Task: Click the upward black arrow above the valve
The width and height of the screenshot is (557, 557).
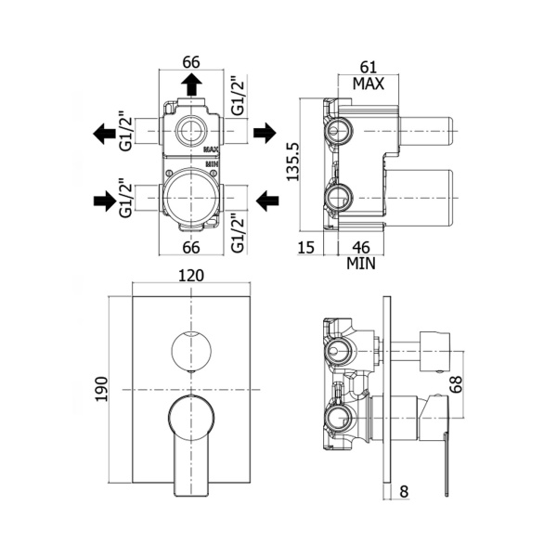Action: click(x=192, y=84)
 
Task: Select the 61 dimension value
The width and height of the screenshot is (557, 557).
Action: click(x=369, y=66)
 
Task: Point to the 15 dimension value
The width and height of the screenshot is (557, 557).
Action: click(x=306, y=246)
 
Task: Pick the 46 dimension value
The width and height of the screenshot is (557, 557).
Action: click(x=364, y=246)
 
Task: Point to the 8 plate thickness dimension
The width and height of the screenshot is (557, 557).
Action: click(x=405, y=493)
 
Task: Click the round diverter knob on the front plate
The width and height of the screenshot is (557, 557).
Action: click(x=190, y=350)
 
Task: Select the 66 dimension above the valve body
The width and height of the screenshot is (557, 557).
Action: click(x=191, y=62)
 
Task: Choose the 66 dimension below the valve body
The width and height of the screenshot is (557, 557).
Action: click(x=191, y=247)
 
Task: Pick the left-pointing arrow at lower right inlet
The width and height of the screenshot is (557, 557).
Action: click(x=266, y=199)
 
